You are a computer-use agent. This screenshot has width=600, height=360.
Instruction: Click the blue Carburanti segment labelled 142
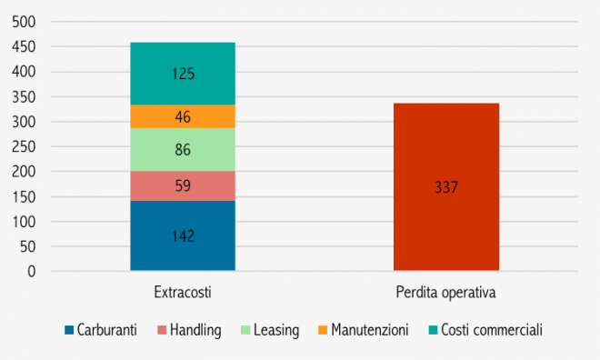[x=183, y=235]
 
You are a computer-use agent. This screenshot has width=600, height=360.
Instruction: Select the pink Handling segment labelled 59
[x=183, y=185]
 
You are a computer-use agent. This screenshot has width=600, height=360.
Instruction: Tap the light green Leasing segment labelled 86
[x=183, y=149]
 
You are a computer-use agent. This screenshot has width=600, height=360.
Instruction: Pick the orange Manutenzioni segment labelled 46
[x=183, y=116]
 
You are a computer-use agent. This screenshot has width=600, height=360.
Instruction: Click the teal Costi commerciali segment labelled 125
[x=183, y=74]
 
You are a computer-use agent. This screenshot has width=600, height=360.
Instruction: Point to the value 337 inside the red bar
[x=445, y=188]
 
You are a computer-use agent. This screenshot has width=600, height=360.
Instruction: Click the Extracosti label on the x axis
[x=183, y=293]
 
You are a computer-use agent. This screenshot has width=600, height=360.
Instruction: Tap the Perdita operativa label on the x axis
[x=445, y=293]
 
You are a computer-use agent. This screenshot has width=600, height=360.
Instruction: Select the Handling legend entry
[x=189, y=331]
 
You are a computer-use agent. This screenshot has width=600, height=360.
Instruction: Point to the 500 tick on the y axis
[x=24, y=22]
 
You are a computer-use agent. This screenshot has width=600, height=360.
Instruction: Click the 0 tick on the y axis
[x=31, y=271]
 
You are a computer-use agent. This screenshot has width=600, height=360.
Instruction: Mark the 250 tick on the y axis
[x=24, y=146]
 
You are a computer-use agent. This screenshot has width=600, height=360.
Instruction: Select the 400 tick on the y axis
[x=24, y=72]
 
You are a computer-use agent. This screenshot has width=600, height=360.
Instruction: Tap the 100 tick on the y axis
[x=24, y=221]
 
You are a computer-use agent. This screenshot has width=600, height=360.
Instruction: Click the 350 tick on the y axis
[x=24, y=96]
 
